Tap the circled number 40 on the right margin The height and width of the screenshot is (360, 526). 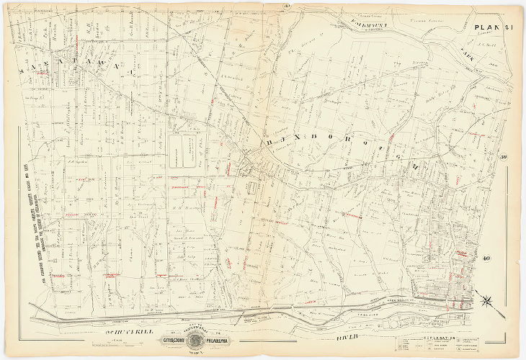487,258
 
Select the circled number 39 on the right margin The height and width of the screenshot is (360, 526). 504,158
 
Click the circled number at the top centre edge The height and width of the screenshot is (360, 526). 266,8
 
